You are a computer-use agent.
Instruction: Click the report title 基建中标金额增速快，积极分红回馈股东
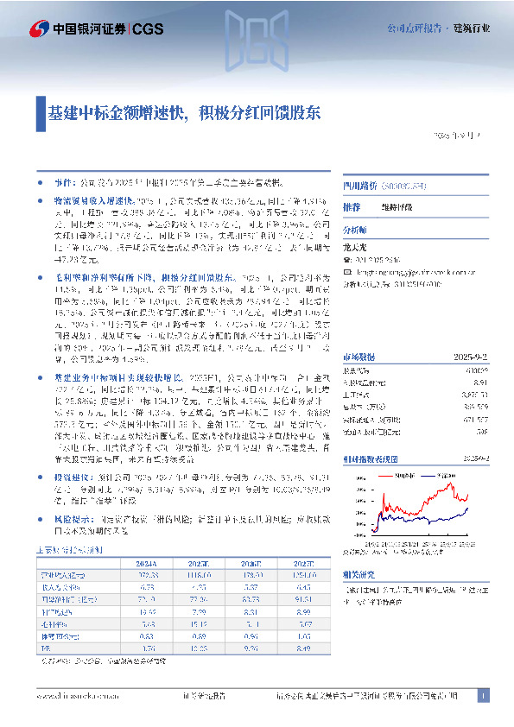[185, 112]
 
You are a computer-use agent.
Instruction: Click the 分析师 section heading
[355, 231]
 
